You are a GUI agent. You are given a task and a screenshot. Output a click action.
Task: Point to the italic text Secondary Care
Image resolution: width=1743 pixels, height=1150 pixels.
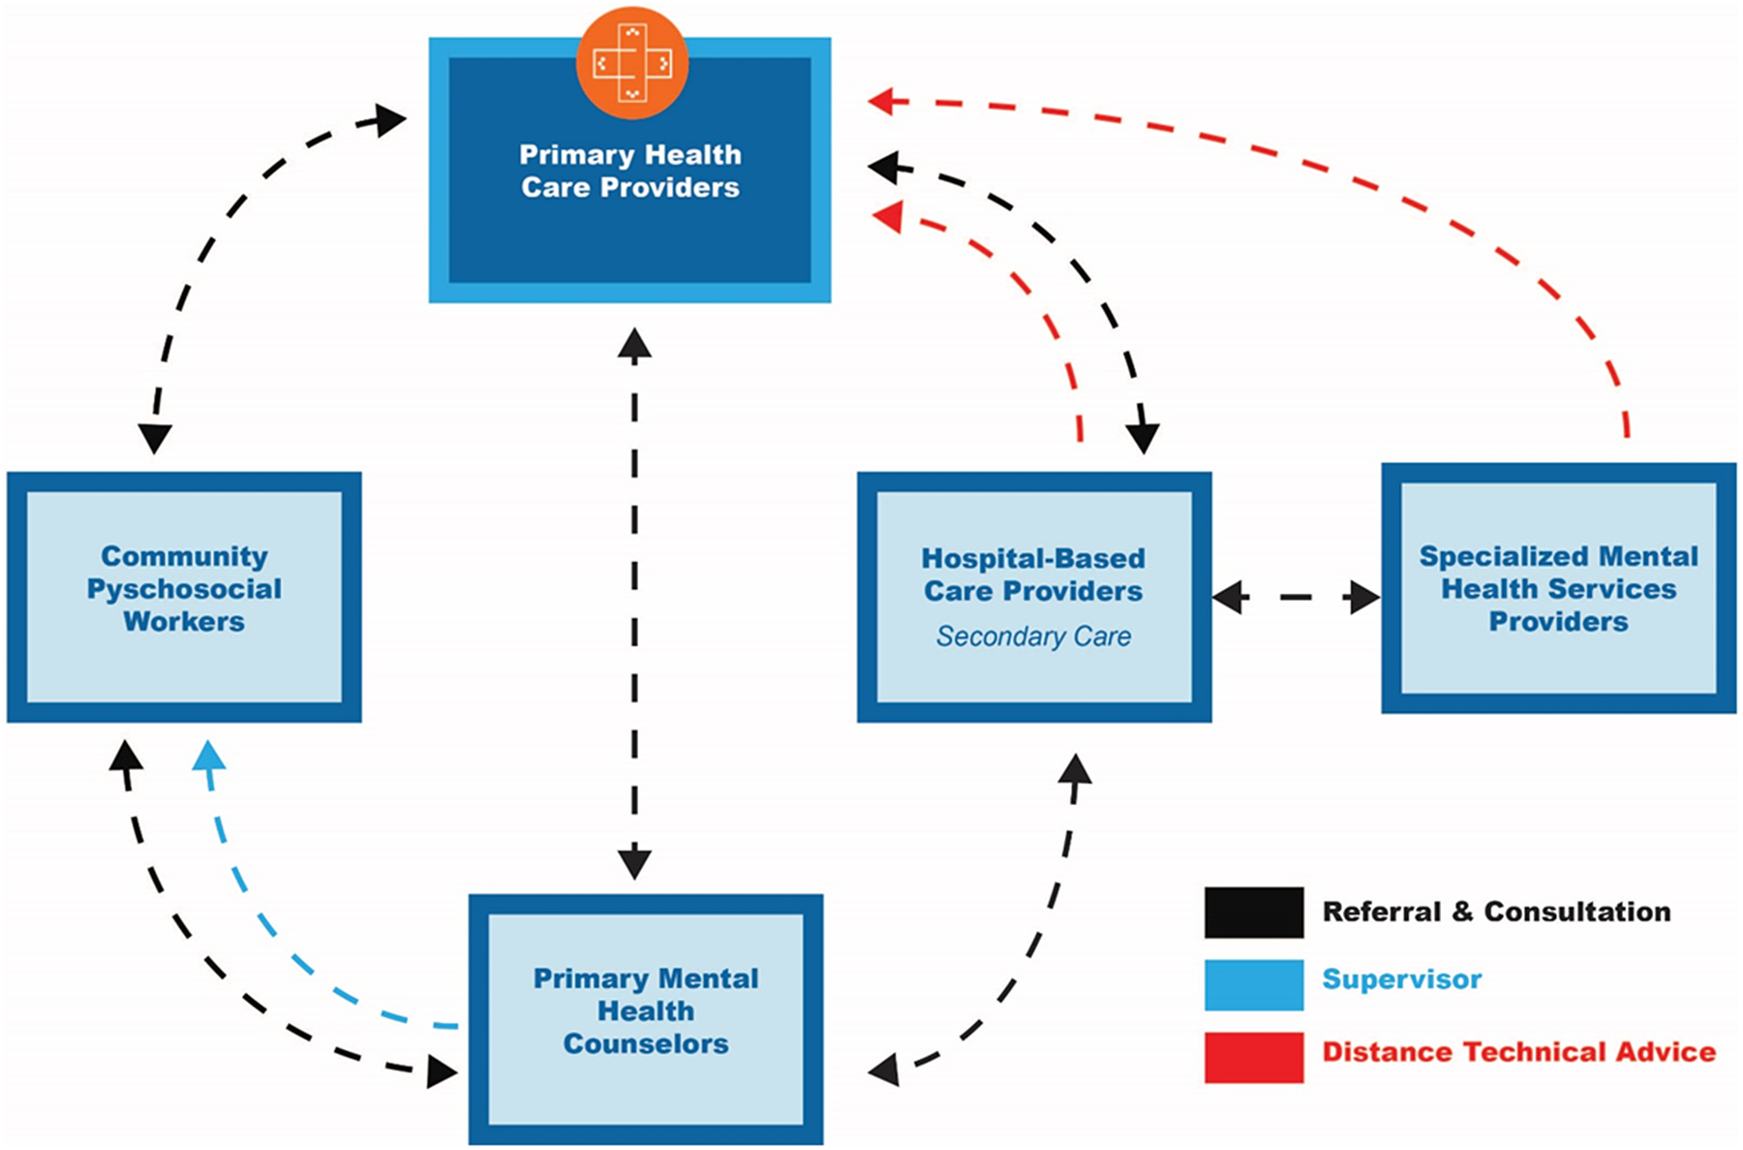pos(1033,637)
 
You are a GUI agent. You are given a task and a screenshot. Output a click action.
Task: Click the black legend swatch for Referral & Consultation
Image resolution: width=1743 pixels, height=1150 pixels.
pos(1254,913)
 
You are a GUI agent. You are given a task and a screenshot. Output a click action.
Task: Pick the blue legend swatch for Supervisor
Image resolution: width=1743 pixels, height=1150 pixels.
pos(1254,984)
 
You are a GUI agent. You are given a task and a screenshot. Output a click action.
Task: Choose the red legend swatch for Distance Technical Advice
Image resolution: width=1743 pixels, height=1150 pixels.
pos(1254,1057)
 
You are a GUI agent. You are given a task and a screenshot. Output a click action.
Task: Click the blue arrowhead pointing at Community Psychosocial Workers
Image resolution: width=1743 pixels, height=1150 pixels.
pos(209,757)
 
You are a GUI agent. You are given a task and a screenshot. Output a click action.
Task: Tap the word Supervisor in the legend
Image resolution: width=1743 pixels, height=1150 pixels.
pos(1401,979)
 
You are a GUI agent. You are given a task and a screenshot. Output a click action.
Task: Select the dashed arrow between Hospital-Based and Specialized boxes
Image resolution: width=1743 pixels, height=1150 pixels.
pos(1296,598)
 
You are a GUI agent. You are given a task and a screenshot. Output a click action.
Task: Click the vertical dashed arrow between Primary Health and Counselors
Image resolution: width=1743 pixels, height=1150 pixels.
pos(634,601)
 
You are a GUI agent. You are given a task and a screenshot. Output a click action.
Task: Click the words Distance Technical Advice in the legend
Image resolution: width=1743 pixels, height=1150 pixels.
pos(1518,1052)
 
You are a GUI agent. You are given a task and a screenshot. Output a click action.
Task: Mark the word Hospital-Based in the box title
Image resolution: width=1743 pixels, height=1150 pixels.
pos(1033,559)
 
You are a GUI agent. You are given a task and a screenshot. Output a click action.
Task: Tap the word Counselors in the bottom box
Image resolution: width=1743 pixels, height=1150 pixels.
pos(646,1044)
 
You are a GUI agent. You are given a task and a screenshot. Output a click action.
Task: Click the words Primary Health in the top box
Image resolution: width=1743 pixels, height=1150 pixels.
pos(630,155)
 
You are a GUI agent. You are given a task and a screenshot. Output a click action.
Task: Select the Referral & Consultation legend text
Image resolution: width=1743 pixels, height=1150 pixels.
pos(1496,912)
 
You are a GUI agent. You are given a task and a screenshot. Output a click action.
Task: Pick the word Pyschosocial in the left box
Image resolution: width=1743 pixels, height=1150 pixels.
pos(184,589)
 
